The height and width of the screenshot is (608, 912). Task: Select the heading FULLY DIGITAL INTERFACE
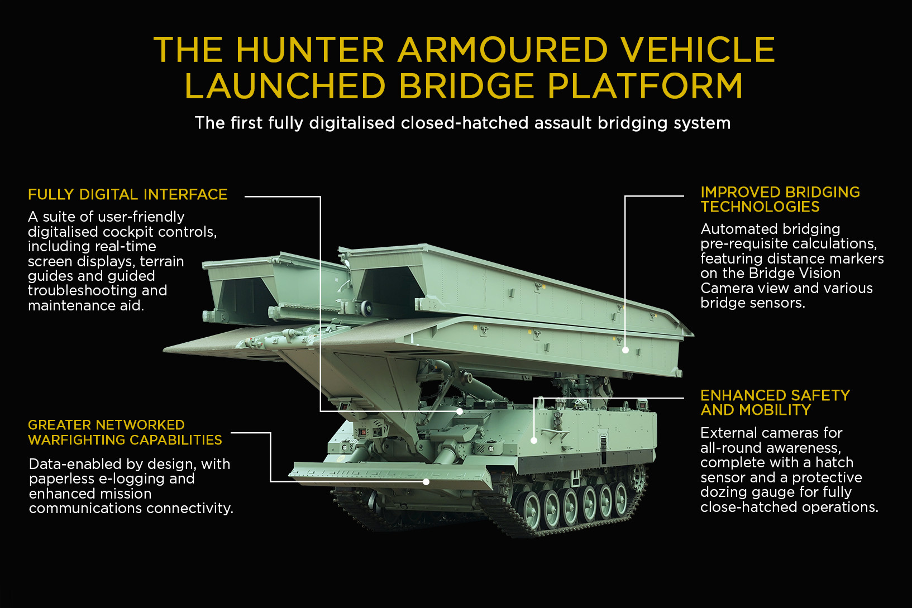[128, 194]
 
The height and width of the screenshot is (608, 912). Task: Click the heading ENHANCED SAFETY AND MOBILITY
[775, 403]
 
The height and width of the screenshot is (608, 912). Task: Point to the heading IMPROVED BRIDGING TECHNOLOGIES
[780, 199]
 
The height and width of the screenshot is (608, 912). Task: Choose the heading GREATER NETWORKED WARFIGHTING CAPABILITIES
[125, 433]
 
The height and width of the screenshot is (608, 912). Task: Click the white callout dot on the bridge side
[625, 350]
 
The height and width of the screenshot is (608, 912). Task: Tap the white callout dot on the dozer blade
[426, 481]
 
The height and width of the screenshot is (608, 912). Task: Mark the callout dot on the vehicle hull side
[534, 441]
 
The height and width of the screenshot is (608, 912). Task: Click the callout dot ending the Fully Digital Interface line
[460, 411]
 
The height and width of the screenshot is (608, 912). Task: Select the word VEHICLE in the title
[698, 50]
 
